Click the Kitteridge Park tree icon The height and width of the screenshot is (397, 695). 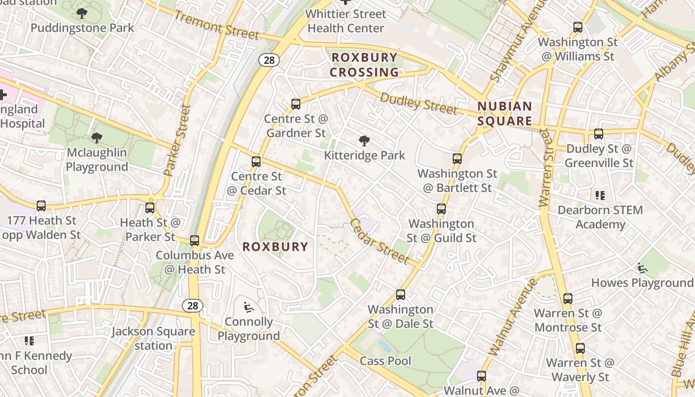point(364,141)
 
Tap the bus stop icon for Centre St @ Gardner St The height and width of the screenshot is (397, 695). point(296,104)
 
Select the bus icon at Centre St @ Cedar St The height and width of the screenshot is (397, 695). point(256,162)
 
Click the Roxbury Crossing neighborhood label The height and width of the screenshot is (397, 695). point(364,65)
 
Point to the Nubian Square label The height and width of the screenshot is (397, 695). point(505,114)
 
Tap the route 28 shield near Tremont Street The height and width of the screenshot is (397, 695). point(269,60)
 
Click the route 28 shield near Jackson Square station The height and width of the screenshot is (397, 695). point(193,306)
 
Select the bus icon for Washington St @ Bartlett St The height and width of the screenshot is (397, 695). point(457,159)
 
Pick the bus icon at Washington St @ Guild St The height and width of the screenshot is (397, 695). point(441,209)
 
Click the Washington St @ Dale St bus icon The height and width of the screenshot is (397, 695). point(401,295)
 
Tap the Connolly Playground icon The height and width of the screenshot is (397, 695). point(249,307)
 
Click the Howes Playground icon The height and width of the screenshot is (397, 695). point(642,268)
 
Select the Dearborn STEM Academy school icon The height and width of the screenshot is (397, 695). point(600,196)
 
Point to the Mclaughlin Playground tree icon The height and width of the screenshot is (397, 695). point(97,138)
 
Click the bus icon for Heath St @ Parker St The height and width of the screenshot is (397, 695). point(150,208)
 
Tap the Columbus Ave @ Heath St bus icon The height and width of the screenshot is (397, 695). point(195,241)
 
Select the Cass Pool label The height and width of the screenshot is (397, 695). point(386,361)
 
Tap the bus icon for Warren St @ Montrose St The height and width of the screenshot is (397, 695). point(568,299)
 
